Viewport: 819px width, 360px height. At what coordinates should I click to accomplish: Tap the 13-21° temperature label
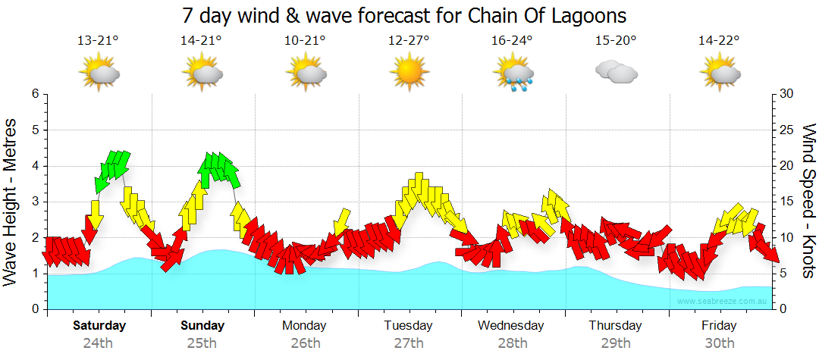click(x=98, y=40)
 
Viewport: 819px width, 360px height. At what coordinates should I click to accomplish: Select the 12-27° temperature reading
click(x=409, y=40)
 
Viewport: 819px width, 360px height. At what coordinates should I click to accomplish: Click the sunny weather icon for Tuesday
click(x=409, y=73)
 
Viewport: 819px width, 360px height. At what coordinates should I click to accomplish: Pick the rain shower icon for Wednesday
click(x=513, y=74)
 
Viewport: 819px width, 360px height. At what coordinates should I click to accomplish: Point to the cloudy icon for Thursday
click(x=616, y=73)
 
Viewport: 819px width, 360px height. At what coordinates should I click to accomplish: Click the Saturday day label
click(x=99, y=326)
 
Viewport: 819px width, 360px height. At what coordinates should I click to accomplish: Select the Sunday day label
click(x=202, y=326)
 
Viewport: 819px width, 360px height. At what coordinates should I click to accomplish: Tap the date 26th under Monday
click(x=305, y=343)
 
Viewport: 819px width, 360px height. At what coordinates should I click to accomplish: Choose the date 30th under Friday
click(x=719, y=343)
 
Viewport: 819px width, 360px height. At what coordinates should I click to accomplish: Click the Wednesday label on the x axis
click(x=510, y=326)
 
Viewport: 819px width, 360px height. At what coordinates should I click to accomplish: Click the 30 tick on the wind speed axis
click(x=786, y=94)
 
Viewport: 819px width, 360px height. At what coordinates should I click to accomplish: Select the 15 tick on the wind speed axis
click(x=786, y=202)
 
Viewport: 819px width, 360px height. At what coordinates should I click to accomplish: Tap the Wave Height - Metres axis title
click(x=11, y=202)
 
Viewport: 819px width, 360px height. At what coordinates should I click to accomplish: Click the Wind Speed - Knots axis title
click(x=808, y=202)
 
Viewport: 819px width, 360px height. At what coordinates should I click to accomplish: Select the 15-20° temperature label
click(x=616, y=40)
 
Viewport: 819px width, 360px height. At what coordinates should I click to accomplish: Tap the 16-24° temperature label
click(x=512, y=40)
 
